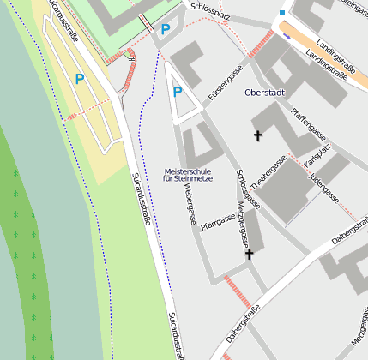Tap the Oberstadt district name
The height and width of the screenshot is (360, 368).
264,92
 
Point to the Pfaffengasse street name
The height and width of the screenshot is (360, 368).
308,123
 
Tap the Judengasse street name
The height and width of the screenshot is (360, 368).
326,187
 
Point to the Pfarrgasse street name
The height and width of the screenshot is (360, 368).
218,223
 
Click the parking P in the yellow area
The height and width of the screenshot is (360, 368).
80,79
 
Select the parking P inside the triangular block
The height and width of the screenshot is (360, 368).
178,93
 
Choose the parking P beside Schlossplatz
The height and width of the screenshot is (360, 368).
166,29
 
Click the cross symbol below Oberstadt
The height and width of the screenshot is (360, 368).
257,135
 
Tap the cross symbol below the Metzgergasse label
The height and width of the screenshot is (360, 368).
250,255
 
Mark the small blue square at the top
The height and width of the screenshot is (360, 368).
282,13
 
